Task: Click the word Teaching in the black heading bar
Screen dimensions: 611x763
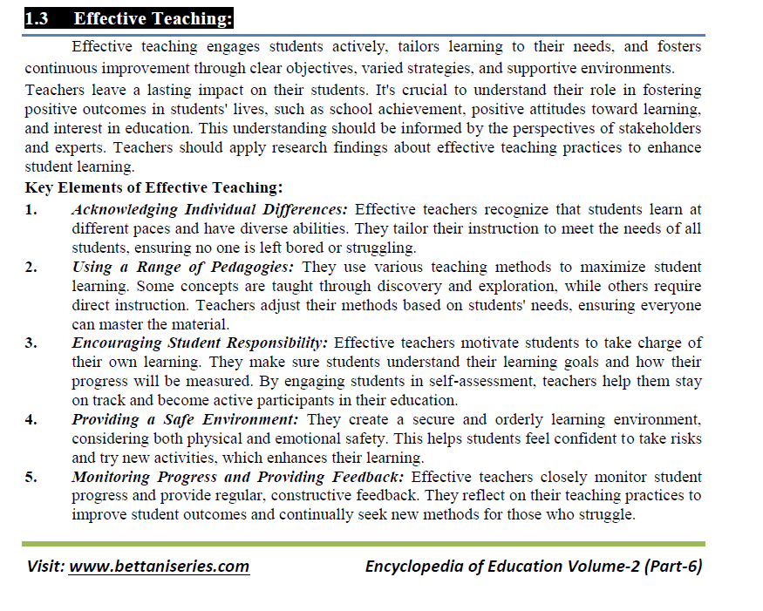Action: [x=187, y=18]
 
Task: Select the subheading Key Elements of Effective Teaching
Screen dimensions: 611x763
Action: [x=153, y=187]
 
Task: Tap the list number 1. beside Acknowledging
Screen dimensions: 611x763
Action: [x=31, y=209]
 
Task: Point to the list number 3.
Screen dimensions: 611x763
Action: [x=31, y=343]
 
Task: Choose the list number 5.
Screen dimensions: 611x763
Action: [x=31, y=477]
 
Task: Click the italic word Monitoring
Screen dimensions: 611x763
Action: [x=111, y=477]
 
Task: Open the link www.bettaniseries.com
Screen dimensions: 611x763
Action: [x=159, y=566]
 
